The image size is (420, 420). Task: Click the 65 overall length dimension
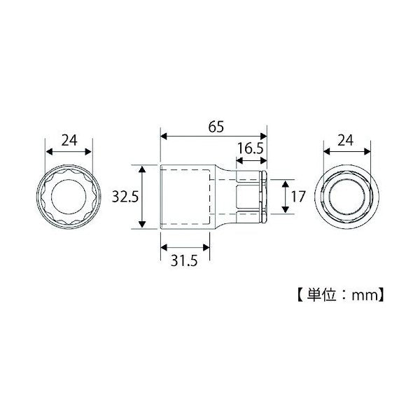pos(213,127)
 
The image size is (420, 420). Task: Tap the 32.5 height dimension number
pos(122,197)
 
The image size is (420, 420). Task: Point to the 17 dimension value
pos(298,197)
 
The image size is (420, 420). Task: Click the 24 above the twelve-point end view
pos(69,139)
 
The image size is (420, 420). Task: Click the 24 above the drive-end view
pos(346,139)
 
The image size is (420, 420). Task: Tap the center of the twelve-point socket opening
pos(69,197)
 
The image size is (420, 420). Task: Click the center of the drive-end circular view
pos(346,197)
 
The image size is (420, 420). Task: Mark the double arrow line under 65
pos(213,137)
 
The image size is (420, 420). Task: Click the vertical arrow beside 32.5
pos(143,197)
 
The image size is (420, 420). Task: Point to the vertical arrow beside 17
pos(284,197)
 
